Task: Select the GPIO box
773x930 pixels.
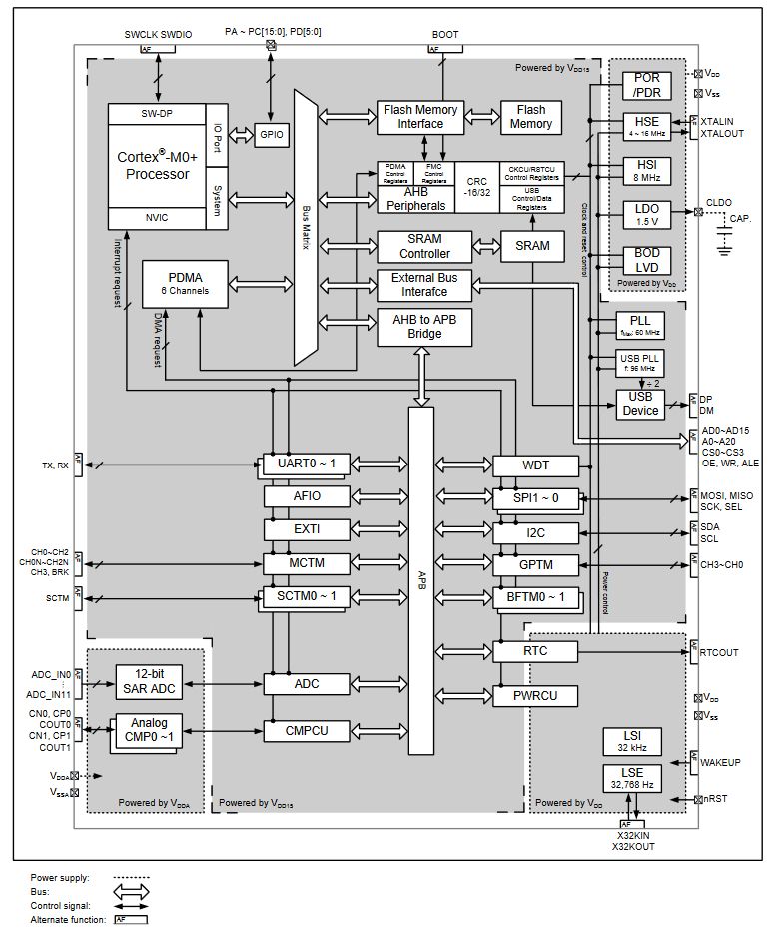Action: [271, 133]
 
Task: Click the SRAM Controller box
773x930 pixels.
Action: [424, 246]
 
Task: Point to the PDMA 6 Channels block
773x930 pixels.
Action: [187, 284]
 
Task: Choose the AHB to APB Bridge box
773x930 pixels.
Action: [424, 326]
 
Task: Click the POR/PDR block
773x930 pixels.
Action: [647, 86]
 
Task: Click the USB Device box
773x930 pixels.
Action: [640, 403]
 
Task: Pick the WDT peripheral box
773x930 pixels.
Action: [535, 465]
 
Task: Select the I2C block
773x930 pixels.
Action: [535, 532]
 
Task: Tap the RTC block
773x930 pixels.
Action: [535, 651]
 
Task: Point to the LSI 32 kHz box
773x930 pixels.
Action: [632, 740]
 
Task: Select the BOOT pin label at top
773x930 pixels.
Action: [445, 34]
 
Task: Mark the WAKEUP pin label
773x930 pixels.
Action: [720, 762]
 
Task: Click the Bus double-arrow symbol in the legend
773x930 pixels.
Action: [131, 892]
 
